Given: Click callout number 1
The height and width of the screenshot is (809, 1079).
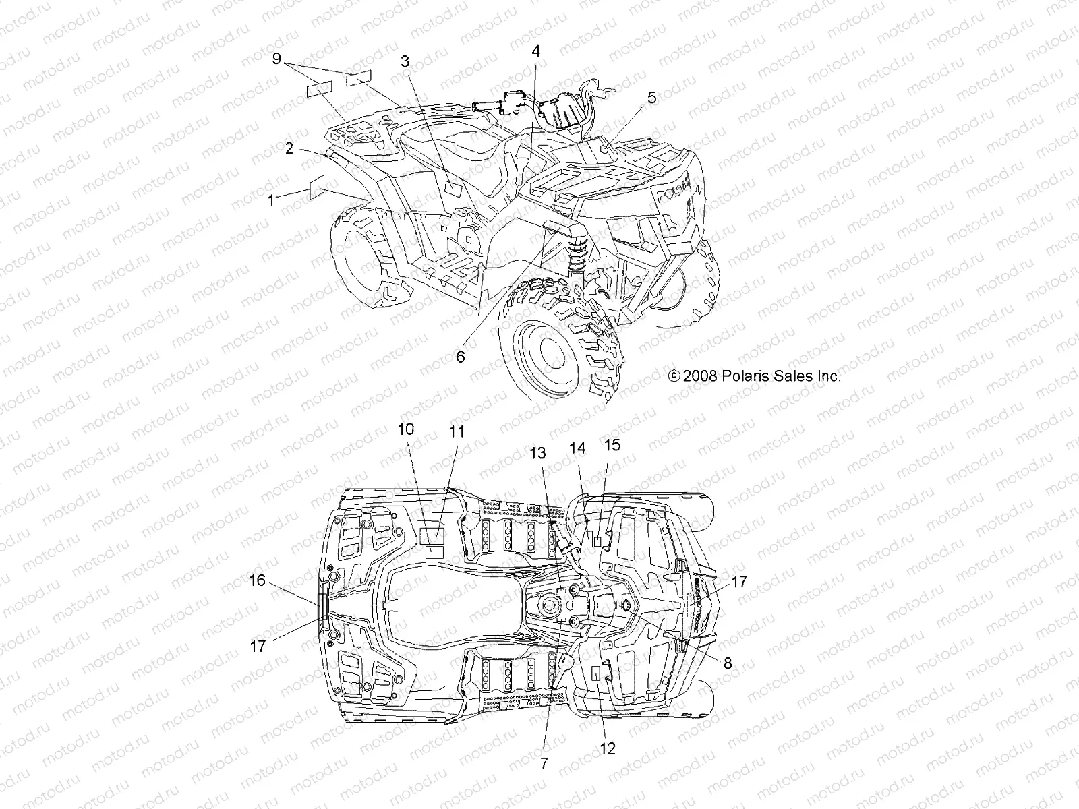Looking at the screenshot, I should click(271, 200).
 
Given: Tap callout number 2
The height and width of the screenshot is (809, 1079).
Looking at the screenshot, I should click(289, 148).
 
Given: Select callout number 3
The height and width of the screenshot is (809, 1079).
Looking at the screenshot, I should click(405, 62).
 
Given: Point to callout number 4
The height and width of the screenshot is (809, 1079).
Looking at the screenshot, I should click(535, 51).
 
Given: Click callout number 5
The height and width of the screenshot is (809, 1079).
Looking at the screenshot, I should click(651, 98).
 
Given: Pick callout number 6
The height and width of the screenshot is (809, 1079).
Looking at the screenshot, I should click(460, 357).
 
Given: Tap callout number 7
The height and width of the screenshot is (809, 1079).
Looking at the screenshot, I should click(544, 763).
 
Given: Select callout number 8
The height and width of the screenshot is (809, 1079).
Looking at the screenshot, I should click(727, 663).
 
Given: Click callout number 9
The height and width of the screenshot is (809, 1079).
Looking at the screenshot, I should click(276, 59).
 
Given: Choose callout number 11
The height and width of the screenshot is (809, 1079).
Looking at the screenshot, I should click(457, 431).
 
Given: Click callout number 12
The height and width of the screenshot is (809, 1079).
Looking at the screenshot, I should click(608, 748).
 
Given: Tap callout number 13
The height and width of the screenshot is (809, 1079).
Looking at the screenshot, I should click(537, 454).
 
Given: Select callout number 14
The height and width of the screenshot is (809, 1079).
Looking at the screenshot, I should click(578, 448).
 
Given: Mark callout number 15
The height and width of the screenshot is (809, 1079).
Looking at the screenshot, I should click(612, 445).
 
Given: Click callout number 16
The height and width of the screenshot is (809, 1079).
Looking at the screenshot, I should click(256, 580).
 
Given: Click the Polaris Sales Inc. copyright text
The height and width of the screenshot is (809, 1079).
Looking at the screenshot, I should click(755, 376).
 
